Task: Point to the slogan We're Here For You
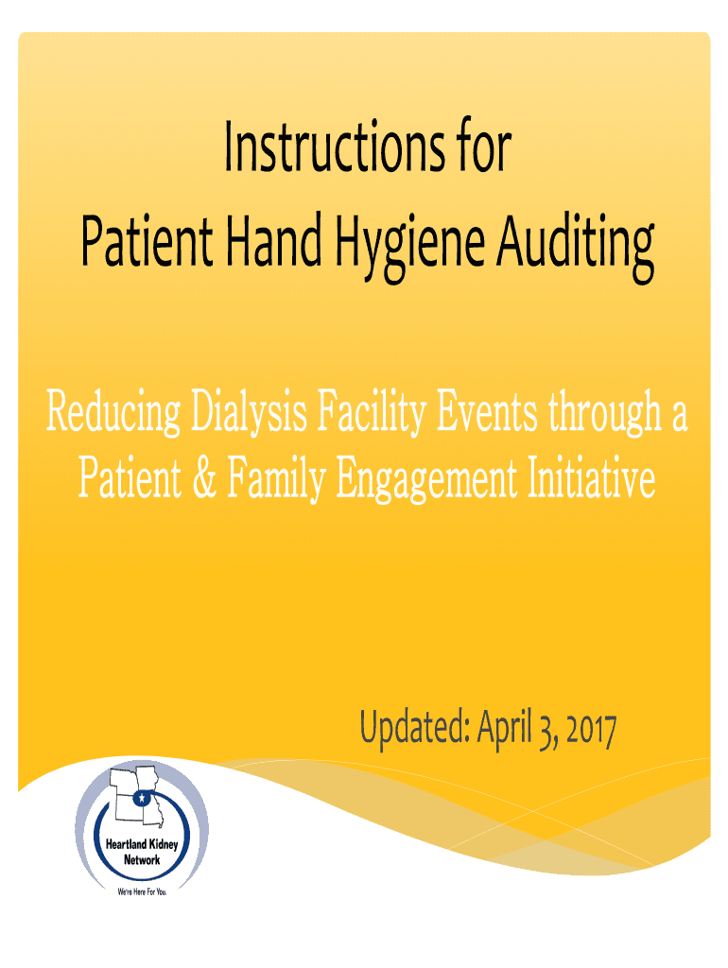[x=141, y=891]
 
